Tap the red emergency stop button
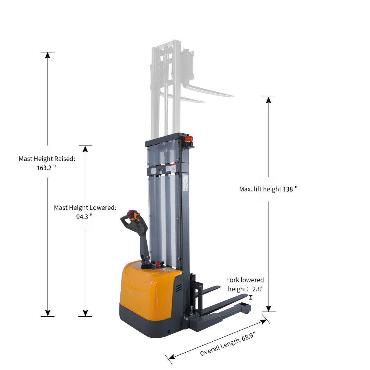coord(158,264)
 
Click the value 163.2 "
coord(46,168)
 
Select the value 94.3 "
coord(84,217)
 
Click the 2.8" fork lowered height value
coord(258,289)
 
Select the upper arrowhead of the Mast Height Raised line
coord(48,55)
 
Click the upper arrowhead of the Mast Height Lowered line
coord(85,149)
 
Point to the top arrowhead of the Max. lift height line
coord(269,100)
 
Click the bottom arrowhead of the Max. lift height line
coord(269,308)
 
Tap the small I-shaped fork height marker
coord(251,297)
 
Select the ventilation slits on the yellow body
coord(178,288)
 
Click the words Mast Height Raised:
coord(47,159)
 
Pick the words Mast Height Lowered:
coord(85,208)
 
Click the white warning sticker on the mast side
coord(186,184)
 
